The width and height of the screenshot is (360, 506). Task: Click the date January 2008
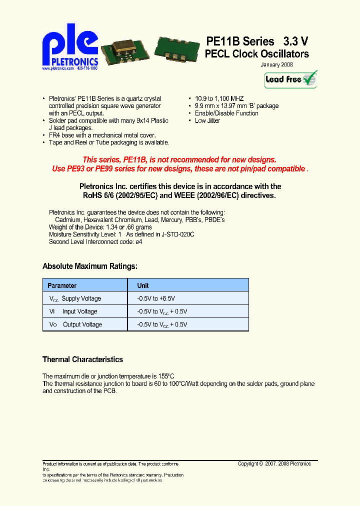click(x=276, y=65)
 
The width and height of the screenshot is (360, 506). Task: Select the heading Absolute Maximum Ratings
click(x=90, y=266)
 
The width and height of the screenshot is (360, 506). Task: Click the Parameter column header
click(x=62, y=285)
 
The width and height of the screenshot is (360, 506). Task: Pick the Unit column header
click(x=143, y=285)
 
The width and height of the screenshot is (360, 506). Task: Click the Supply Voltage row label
click(x=81, y=298)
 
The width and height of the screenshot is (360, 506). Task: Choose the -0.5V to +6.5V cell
click(x=156, y=298)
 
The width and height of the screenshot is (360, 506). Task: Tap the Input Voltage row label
click(x=79, y=311)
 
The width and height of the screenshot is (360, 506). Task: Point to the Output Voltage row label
click(x=82, y=324)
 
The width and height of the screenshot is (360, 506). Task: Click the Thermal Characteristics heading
click(x=82, y=359)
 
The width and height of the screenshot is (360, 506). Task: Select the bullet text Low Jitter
click(x=207, y=120)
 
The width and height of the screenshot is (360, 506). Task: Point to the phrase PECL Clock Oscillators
click(x=256, y=54)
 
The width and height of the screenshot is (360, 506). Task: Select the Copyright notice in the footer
click(x=274, y=464)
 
